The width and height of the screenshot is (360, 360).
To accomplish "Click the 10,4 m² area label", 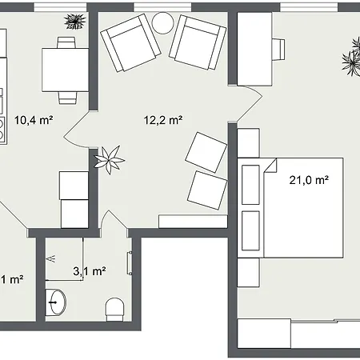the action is pos(34,120).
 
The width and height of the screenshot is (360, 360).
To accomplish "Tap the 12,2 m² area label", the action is pos(163,120).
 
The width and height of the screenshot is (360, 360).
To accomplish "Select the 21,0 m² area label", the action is pos(309,180).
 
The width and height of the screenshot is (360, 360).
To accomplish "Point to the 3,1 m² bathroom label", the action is pos(90,271).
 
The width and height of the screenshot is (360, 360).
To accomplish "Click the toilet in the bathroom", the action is pos(115,310).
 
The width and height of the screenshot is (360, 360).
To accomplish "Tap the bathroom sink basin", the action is pos(56,302).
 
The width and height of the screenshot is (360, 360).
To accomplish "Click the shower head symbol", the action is pos(50,258).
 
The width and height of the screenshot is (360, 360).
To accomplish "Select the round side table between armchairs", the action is pos(162,23).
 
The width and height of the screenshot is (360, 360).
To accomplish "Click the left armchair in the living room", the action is pos(130,42).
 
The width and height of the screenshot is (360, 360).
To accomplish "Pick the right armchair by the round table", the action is pos(198,42).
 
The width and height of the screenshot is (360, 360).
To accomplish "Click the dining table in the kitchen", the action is pos(65,70).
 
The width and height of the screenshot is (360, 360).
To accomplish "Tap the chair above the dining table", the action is pos(66,42).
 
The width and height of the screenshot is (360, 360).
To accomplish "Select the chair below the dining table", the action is pos(68,98).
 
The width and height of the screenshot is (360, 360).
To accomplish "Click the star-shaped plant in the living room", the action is pos(110,160).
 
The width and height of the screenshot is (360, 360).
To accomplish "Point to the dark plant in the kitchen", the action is pos(75,22).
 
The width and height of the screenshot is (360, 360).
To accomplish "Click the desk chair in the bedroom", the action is pos(278,48).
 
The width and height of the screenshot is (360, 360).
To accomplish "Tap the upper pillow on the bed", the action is pos(250,185).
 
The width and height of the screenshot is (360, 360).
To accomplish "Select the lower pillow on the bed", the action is pos(250,230).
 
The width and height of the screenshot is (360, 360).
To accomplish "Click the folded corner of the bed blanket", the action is pos(270,166).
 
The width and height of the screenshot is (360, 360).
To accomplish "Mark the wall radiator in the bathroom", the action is pos(130,263).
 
